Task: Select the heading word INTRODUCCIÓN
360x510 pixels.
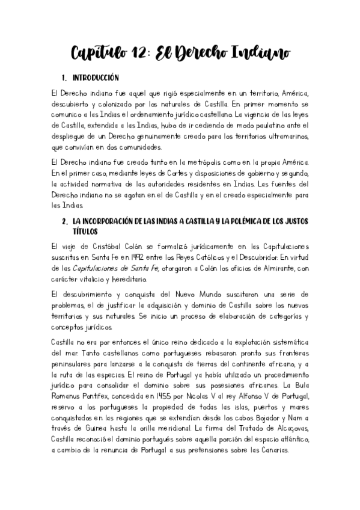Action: point(96,78)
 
